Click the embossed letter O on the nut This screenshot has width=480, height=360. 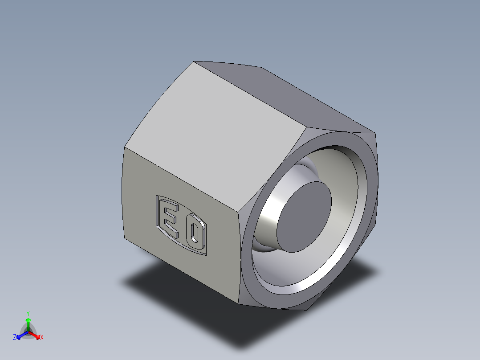point(194,233)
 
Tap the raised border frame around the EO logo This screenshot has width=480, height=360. point(157,209)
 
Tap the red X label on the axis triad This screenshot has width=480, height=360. point(42,338)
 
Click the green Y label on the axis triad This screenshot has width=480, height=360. point(28,313)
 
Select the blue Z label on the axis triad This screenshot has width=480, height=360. point(15,338)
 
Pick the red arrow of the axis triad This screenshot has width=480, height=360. point(36,335)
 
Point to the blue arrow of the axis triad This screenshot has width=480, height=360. point(20,335)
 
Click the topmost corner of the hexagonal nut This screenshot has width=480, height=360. point(195,61)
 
